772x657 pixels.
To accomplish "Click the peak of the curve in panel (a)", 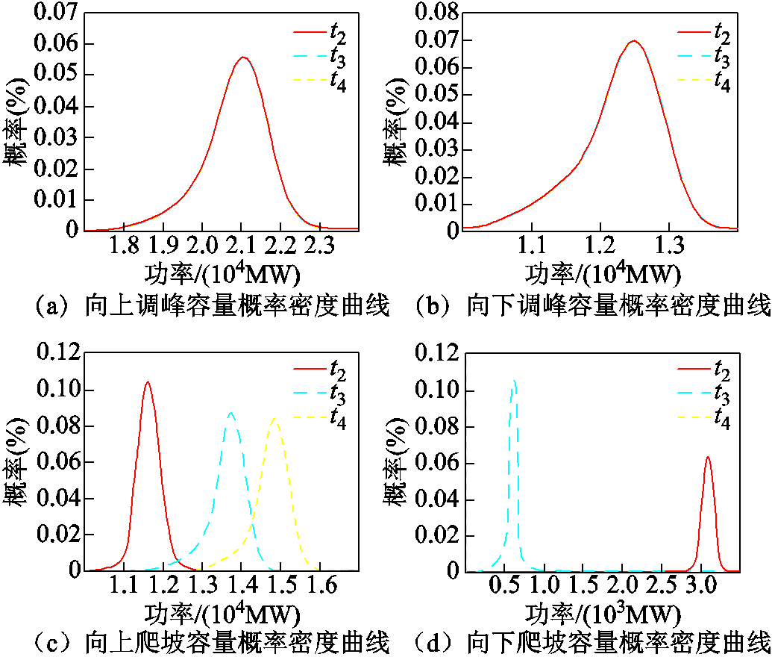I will (242, 57).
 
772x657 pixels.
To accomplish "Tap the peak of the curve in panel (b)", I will (633, 41).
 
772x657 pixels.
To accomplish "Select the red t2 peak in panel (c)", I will (147, 382).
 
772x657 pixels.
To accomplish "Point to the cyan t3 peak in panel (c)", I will (231, 412).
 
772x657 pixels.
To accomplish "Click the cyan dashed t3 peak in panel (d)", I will (514, 380).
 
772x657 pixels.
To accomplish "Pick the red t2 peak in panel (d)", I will (706, 457).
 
